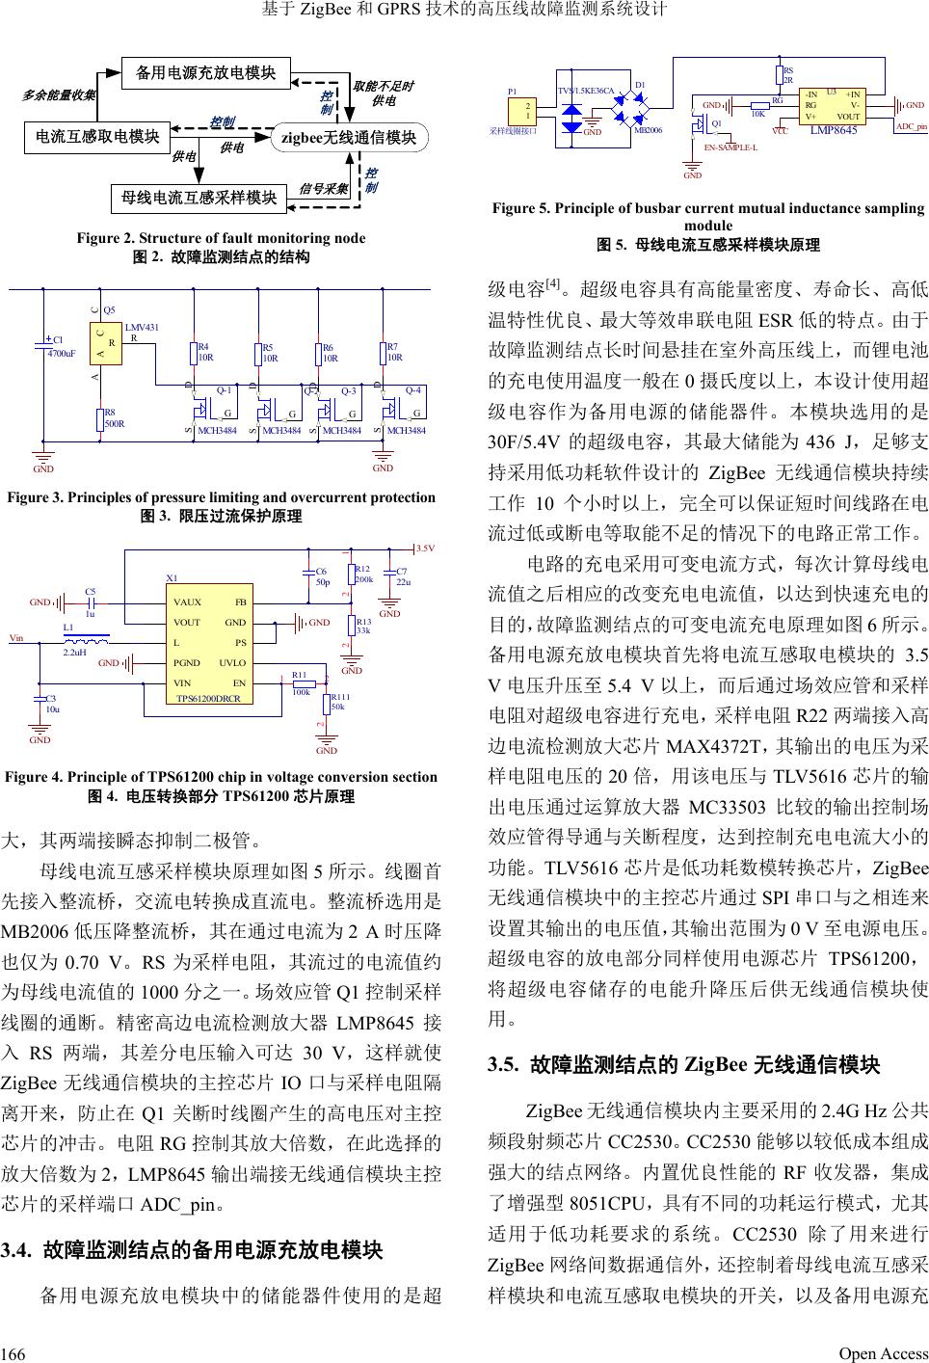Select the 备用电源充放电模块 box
pos(205,72)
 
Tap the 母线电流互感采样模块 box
pos(198,198)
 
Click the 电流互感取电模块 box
pos(96,137)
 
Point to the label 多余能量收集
pos(58,94)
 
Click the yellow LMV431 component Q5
pos(109,342)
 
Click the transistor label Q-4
pos(413,391)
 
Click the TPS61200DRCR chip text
pos(208,697)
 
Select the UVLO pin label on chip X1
pos(232,663)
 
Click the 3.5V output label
pos(425,548)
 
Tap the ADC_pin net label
pos(911,126)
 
